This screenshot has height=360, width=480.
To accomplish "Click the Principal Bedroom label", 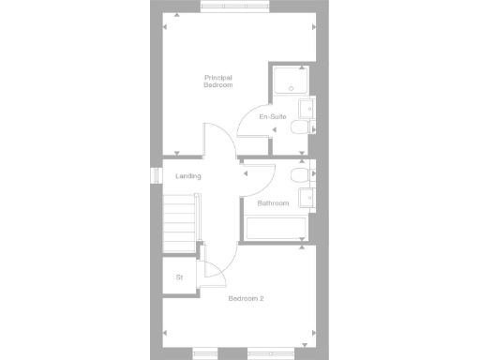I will [217, 81].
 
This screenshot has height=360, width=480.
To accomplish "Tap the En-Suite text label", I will [271, 117].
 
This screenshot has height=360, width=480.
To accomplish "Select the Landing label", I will [188, 176].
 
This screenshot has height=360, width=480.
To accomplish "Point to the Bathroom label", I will [272, 203].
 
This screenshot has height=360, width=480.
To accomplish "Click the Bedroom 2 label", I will [246, 299].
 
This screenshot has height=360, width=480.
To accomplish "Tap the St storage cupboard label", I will [178, 277].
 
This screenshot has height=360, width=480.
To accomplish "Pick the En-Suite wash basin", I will [307, 107].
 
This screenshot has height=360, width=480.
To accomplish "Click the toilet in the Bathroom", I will [299, 174].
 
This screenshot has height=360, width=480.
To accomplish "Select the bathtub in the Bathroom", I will [275, 230].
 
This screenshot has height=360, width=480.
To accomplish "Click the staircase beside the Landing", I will [182, 222].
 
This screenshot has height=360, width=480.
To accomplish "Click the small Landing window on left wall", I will [157, 175].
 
